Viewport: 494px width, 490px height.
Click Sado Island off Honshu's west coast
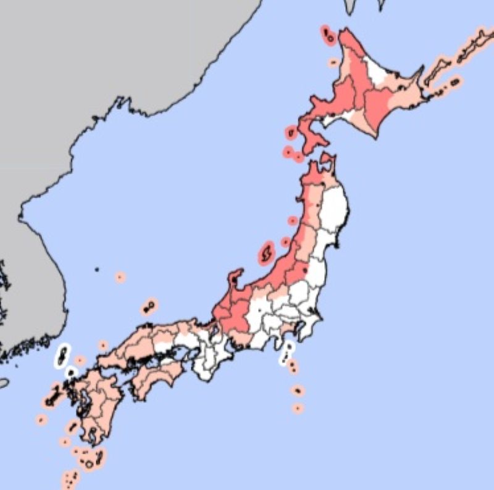pos(267,252)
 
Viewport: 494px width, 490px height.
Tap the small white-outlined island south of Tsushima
pos(71,373)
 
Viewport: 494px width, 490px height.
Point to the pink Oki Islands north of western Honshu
pos(149,305)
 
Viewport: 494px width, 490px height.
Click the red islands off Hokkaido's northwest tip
pos(328,35)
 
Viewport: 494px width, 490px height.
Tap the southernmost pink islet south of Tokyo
pos(298,408)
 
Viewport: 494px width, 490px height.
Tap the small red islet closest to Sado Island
pos(285,241)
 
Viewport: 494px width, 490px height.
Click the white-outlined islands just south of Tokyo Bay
pos(287,353)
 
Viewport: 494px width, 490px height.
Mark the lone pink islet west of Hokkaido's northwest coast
pos(333,62)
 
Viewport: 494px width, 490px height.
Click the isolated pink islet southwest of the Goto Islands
pos(41,420)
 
